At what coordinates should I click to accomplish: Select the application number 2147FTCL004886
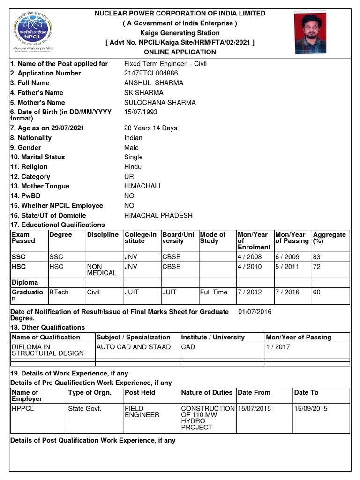151,73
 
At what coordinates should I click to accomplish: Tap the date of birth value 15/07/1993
141,112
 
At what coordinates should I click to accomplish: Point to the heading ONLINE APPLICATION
180,52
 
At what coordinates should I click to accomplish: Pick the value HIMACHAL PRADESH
158,216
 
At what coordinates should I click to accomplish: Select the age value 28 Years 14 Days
150,128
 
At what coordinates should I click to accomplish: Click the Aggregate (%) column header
329,238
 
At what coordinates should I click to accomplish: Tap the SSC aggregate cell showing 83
317,257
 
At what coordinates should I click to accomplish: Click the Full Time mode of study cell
213,292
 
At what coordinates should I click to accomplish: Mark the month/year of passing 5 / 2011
286,266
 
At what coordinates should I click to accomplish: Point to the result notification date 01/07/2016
255,312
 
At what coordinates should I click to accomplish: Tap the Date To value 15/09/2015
310,408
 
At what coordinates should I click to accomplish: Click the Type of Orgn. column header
90,392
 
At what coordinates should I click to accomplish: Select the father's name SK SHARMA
143,93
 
